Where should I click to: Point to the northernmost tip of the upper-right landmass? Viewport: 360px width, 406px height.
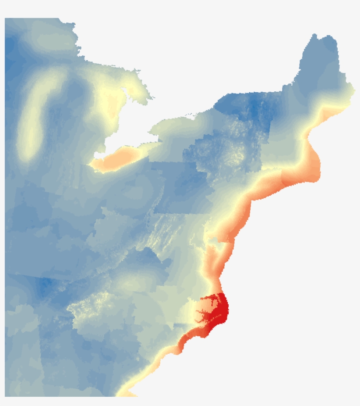tap(315, 35)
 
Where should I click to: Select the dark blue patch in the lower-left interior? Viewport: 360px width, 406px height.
tap(44, 287)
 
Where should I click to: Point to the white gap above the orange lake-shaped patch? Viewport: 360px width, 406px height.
tap(127, 132)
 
